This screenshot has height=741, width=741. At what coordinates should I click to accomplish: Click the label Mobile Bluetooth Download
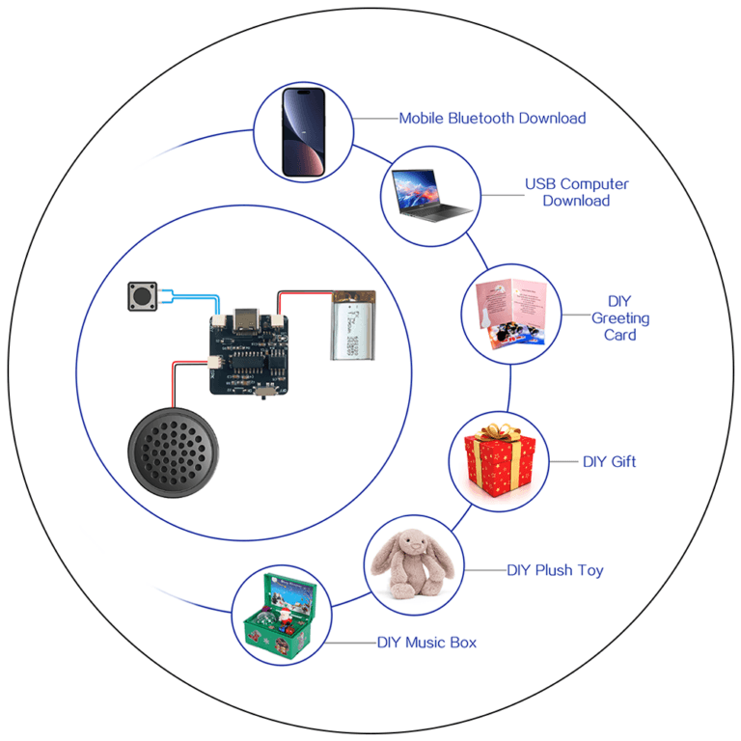(x=492, y=119)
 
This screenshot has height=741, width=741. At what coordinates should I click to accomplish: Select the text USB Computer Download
(x=576, y=192)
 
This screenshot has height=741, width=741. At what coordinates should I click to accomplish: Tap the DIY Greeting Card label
(x=620, y=317)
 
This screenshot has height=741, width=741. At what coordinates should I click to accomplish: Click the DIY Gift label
(x=609, y=461)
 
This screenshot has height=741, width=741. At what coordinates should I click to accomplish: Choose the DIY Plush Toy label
(x=555, y=569)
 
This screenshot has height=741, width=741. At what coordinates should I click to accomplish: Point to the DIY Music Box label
(x=426, y=642)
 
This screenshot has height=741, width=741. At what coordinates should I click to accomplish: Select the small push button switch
(x=142, y=296)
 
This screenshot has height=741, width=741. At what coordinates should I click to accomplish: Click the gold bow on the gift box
(x=499, y=430)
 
